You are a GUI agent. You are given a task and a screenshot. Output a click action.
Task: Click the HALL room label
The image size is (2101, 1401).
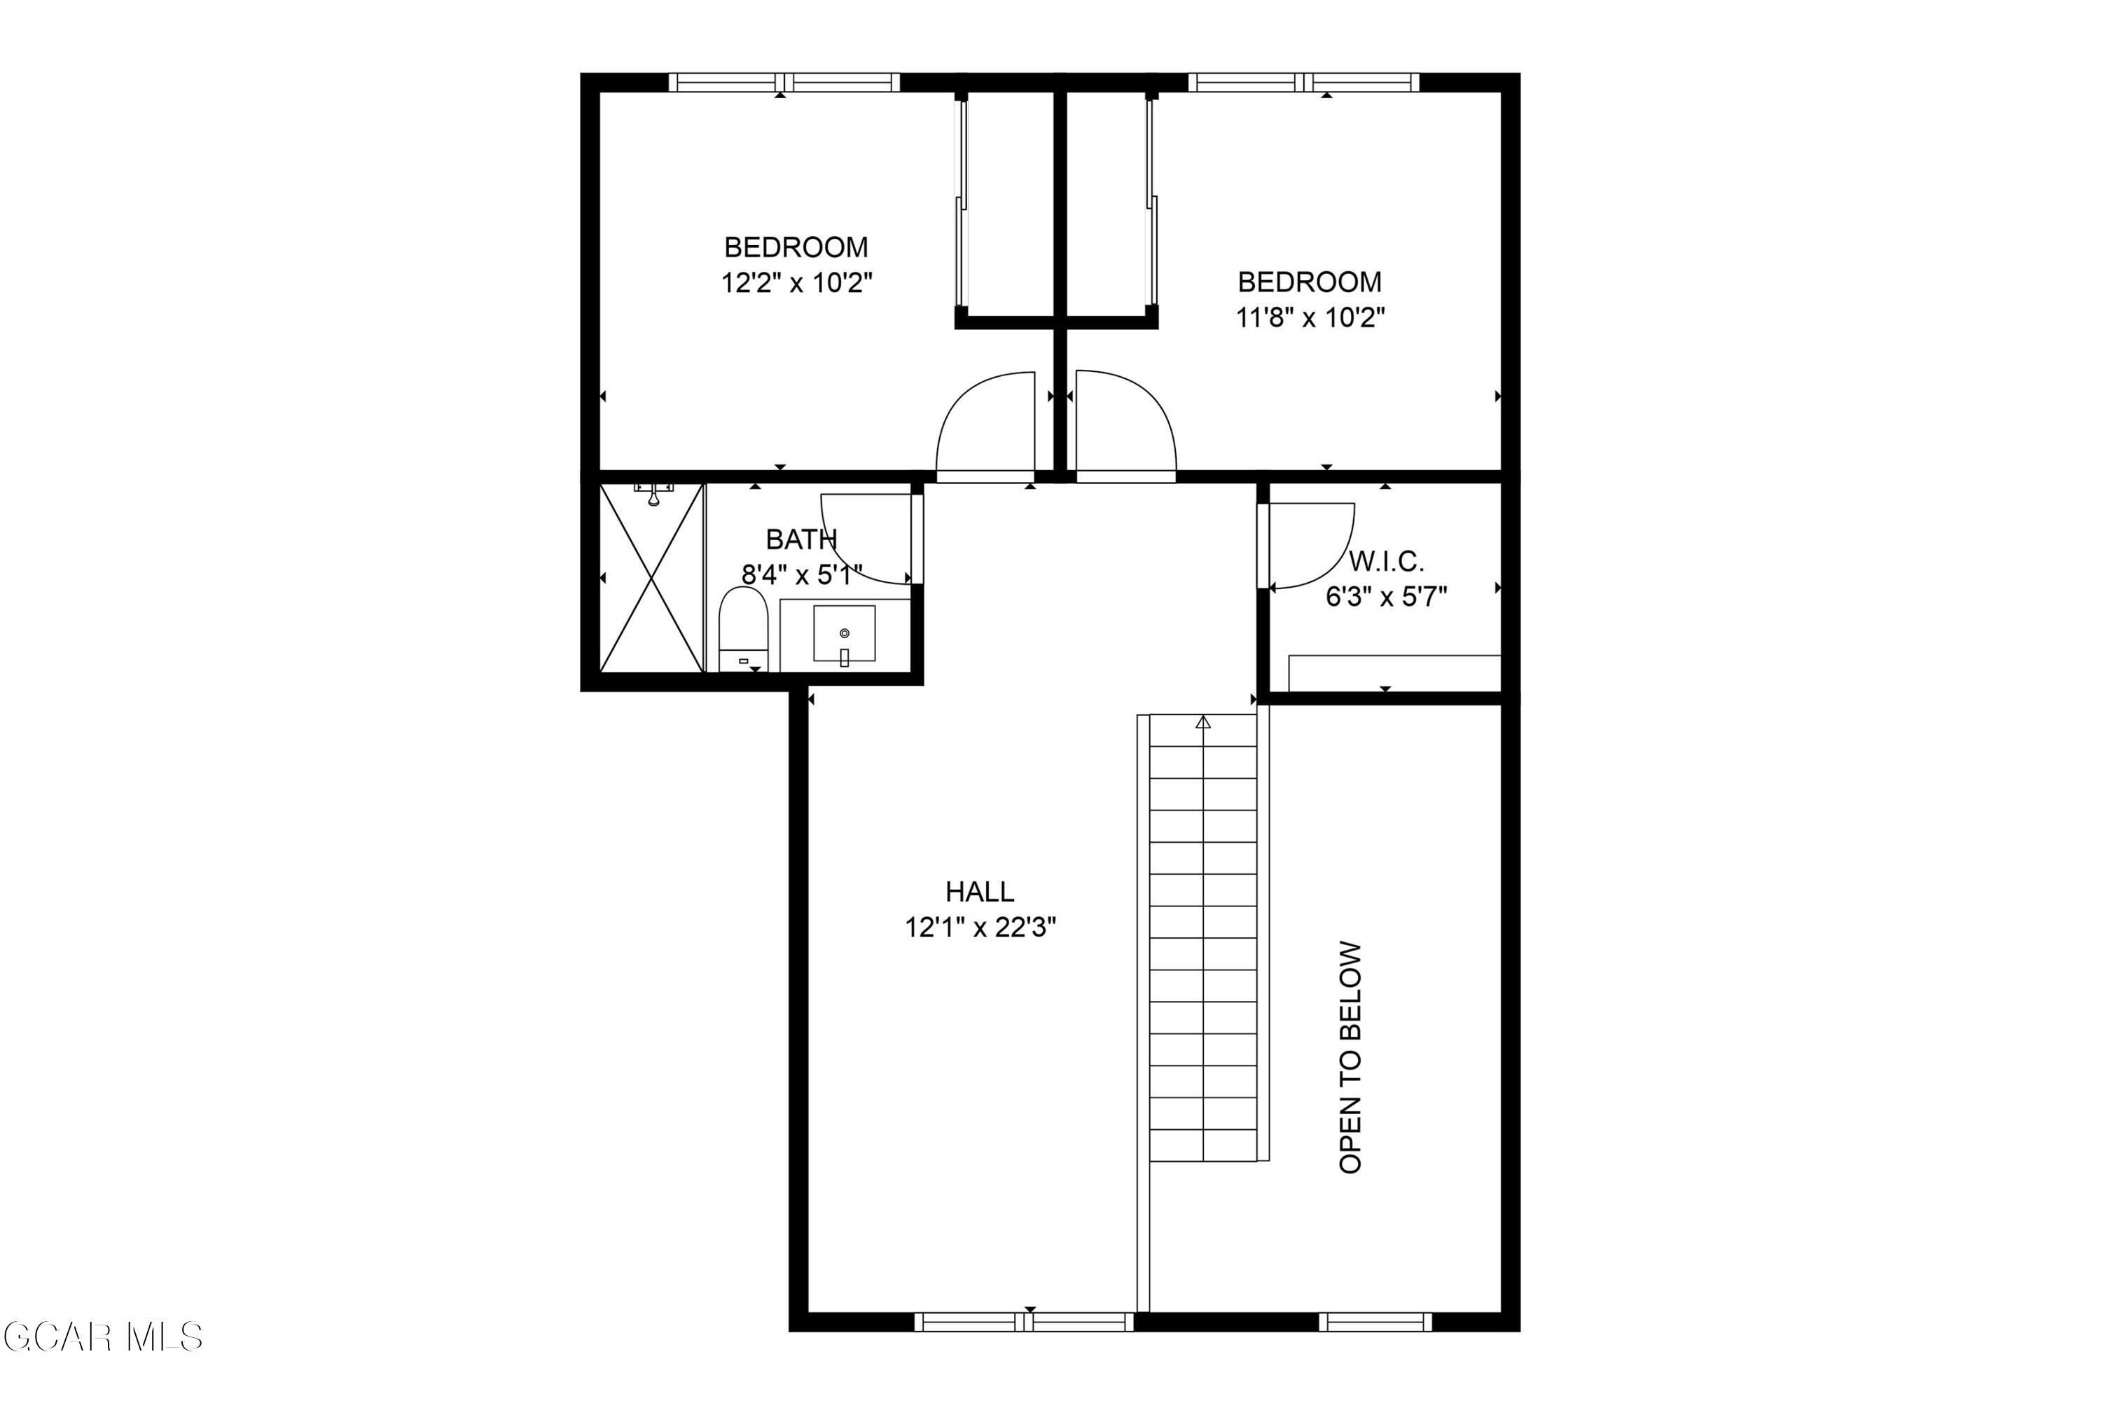point(979,891)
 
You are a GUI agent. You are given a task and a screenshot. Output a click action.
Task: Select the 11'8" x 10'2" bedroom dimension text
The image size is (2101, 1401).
point(1310,317)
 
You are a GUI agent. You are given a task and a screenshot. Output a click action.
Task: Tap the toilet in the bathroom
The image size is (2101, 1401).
point(743,626)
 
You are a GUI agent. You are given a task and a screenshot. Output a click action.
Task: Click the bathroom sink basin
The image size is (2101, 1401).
point(844,633)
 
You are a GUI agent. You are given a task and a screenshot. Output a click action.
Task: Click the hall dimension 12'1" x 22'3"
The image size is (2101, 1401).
point(980,927)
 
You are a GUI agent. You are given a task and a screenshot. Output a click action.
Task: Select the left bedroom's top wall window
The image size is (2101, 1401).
point(784,82)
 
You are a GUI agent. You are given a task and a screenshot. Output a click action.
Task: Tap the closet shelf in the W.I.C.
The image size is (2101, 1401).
point(1394,672)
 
